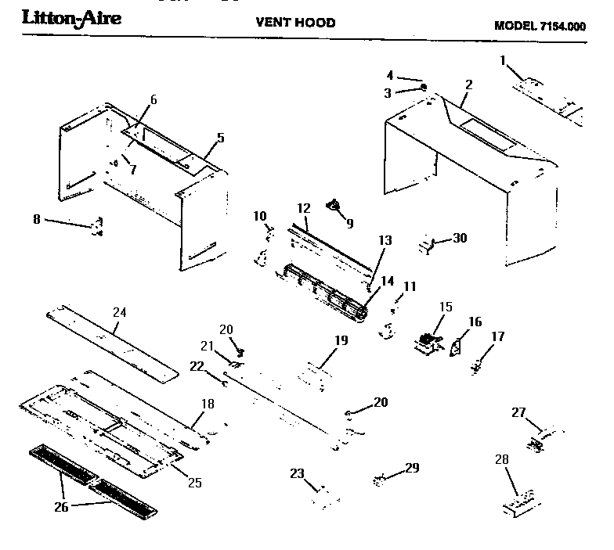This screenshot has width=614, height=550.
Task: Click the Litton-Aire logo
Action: [x=71, y=18]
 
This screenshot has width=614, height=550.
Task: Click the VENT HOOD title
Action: [x=295, y=22]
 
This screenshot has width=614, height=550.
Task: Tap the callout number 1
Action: [x=503, y=59]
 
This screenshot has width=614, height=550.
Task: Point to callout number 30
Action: [x=460, y=238]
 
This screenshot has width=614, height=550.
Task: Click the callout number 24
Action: [x=119, y=312]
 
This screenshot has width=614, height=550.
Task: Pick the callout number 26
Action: [x=61, y=507]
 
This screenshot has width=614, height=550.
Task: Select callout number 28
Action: [x=502, y=462]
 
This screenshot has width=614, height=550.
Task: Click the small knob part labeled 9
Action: [x=337, y=206]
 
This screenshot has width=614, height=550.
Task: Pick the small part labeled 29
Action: [x=381, y=479]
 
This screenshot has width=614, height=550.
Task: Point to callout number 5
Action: [x=220, y=138]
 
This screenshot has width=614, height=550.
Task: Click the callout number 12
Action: [x=304, y=208]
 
